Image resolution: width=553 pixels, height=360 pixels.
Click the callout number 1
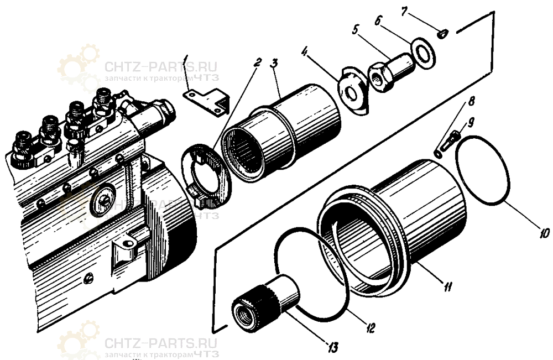(x=187, y=58)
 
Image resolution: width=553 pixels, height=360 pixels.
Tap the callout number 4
(x=304, y=52)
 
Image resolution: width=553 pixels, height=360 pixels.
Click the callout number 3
(x=273, y=61)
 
